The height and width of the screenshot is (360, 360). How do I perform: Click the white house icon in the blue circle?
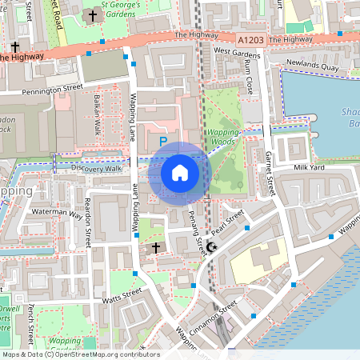pos(180,173)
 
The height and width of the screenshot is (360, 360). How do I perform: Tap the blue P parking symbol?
pos(162,142)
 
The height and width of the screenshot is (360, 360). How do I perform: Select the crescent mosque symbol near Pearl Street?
pos(211,248)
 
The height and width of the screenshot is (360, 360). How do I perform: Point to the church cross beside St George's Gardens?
pos(93,15)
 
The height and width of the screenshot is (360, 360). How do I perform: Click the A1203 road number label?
pos(250,38)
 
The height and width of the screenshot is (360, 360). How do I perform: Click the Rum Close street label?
pos(249,74)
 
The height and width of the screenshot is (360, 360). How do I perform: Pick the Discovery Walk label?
pos(96,169)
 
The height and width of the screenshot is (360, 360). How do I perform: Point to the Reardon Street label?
pos(87,222)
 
